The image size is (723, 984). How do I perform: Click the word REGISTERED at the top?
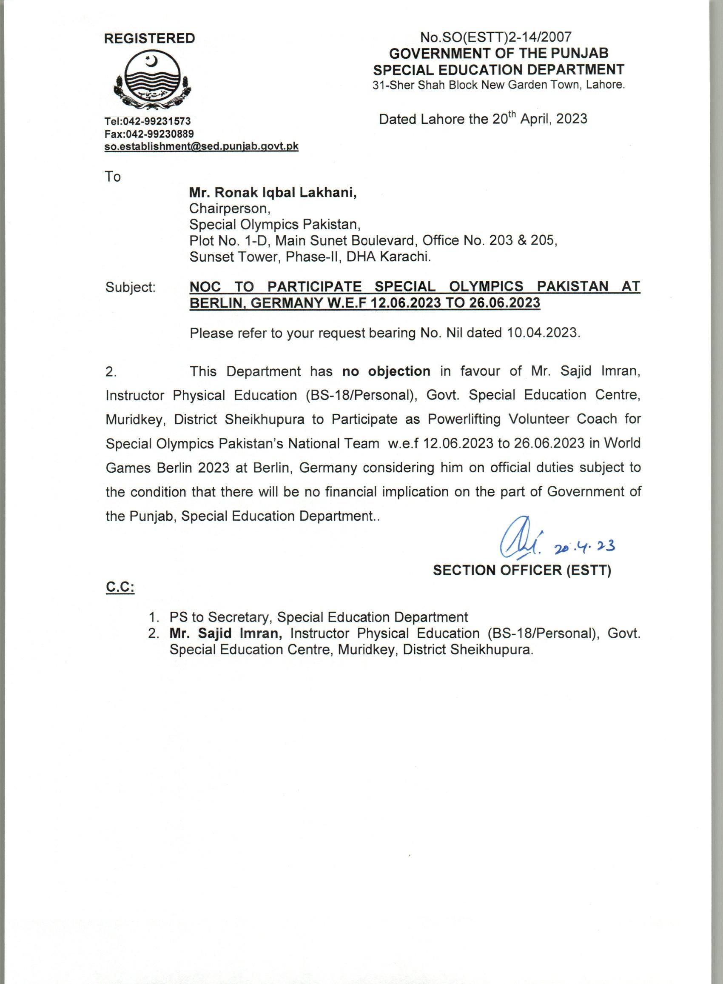(149, 39)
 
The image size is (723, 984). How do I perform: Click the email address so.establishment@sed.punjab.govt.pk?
(201, 146)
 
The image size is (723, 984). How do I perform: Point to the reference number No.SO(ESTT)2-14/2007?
(496, 37)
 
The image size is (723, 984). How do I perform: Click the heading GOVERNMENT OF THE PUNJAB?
(498, 54)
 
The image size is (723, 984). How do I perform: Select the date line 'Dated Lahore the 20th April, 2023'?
(483, 119)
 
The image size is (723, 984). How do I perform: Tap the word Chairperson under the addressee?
(228, 208)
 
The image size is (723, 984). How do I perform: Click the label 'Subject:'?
(131, 288)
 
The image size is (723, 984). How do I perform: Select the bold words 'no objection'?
(386, 371)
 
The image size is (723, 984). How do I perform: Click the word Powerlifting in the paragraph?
(464, 419)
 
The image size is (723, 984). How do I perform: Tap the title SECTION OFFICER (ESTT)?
(522, 570)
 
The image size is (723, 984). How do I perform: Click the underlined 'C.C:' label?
(120, 588)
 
